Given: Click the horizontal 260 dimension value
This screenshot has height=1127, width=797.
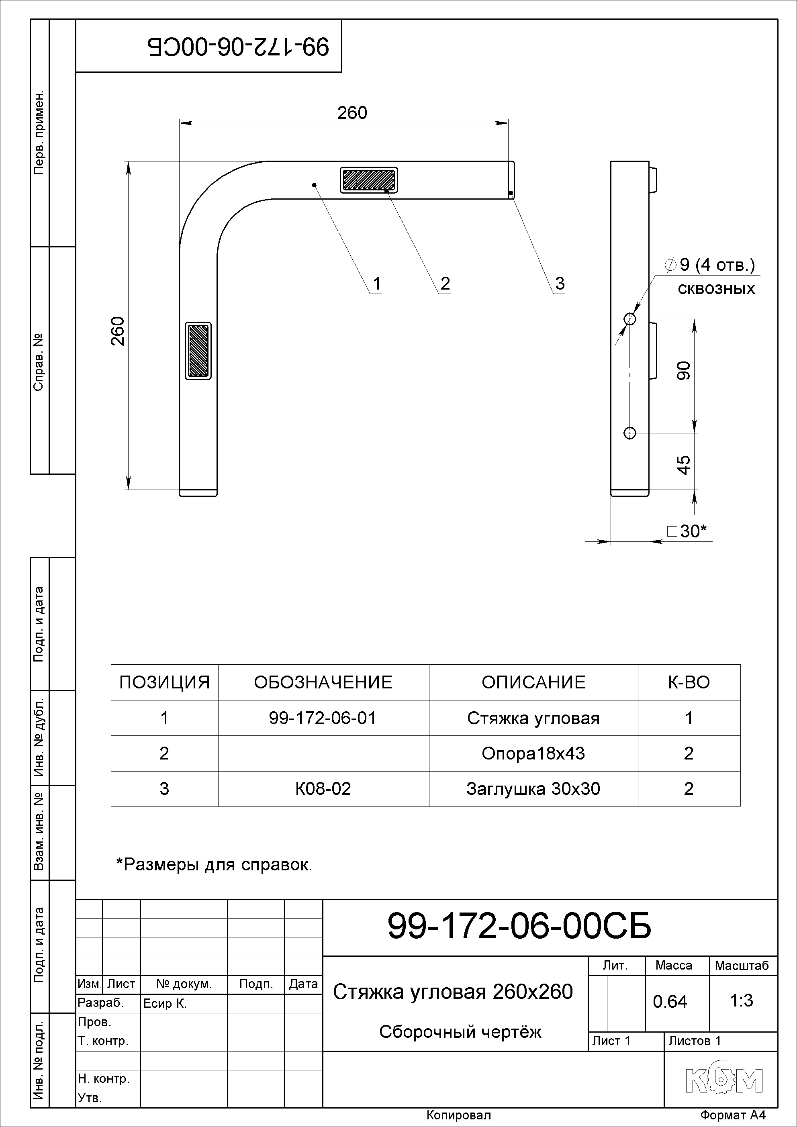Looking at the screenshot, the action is [x=352, y=113].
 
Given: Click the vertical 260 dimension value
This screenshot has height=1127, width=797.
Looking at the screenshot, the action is [x=118, y=331].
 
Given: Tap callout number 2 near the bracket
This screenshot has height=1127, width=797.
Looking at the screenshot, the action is [x=445, y=283].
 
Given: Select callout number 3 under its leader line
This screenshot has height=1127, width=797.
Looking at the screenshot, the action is [x=560, y=283].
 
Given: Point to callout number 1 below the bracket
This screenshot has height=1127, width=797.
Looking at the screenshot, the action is [x=377, y=283].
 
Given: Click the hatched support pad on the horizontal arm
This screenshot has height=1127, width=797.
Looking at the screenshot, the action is [x=369, y=180].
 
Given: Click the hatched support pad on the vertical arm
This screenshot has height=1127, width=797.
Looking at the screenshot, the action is [x=198, y=351].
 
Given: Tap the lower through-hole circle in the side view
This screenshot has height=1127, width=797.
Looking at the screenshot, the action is [x=629, y=433].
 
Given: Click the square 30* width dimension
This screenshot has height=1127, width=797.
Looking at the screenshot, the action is [x=687, y=531].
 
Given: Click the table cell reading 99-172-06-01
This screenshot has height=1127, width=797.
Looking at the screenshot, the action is [x=323, y=718].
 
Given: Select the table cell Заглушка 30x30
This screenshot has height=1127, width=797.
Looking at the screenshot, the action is [x=533, y=789].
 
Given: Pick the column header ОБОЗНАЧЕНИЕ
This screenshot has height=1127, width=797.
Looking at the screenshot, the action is [x=323, y=682].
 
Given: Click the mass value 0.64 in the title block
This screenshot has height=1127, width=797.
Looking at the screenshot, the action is [x=670, y=1001].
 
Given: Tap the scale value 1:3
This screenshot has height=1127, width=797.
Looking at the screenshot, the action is [x=742, y=1000].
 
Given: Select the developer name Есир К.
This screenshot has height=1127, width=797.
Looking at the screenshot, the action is [x=165, y=1004].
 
